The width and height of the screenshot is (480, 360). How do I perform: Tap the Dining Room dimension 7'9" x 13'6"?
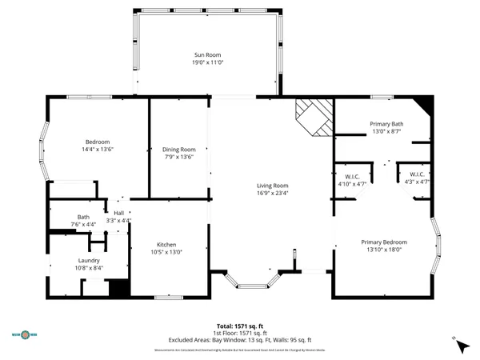pos(178,157)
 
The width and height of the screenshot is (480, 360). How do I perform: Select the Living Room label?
pos(273,185)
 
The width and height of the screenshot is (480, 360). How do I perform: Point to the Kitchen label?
pos(166,244)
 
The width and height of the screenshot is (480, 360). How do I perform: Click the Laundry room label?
pos(89,260)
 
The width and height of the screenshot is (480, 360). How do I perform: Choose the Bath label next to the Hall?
pos(83,217)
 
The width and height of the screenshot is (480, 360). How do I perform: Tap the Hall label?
pos(118,214)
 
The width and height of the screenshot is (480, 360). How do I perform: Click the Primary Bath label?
pos(386,124)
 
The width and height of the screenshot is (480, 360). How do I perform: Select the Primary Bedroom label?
pos(384,242)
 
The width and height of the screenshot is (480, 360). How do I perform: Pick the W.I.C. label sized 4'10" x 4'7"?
pos(352,176)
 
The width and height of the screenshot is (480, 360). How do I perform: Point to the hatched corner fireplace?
pos(313,118)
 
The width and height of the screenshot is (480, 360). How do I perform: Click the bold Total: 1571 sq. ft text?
pos(240,326)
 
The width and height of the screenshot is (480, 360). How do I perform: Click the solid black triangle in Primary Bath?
pos(425,103)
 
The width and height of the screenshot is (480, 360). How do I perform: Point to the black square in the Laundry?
pos(118,289)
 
